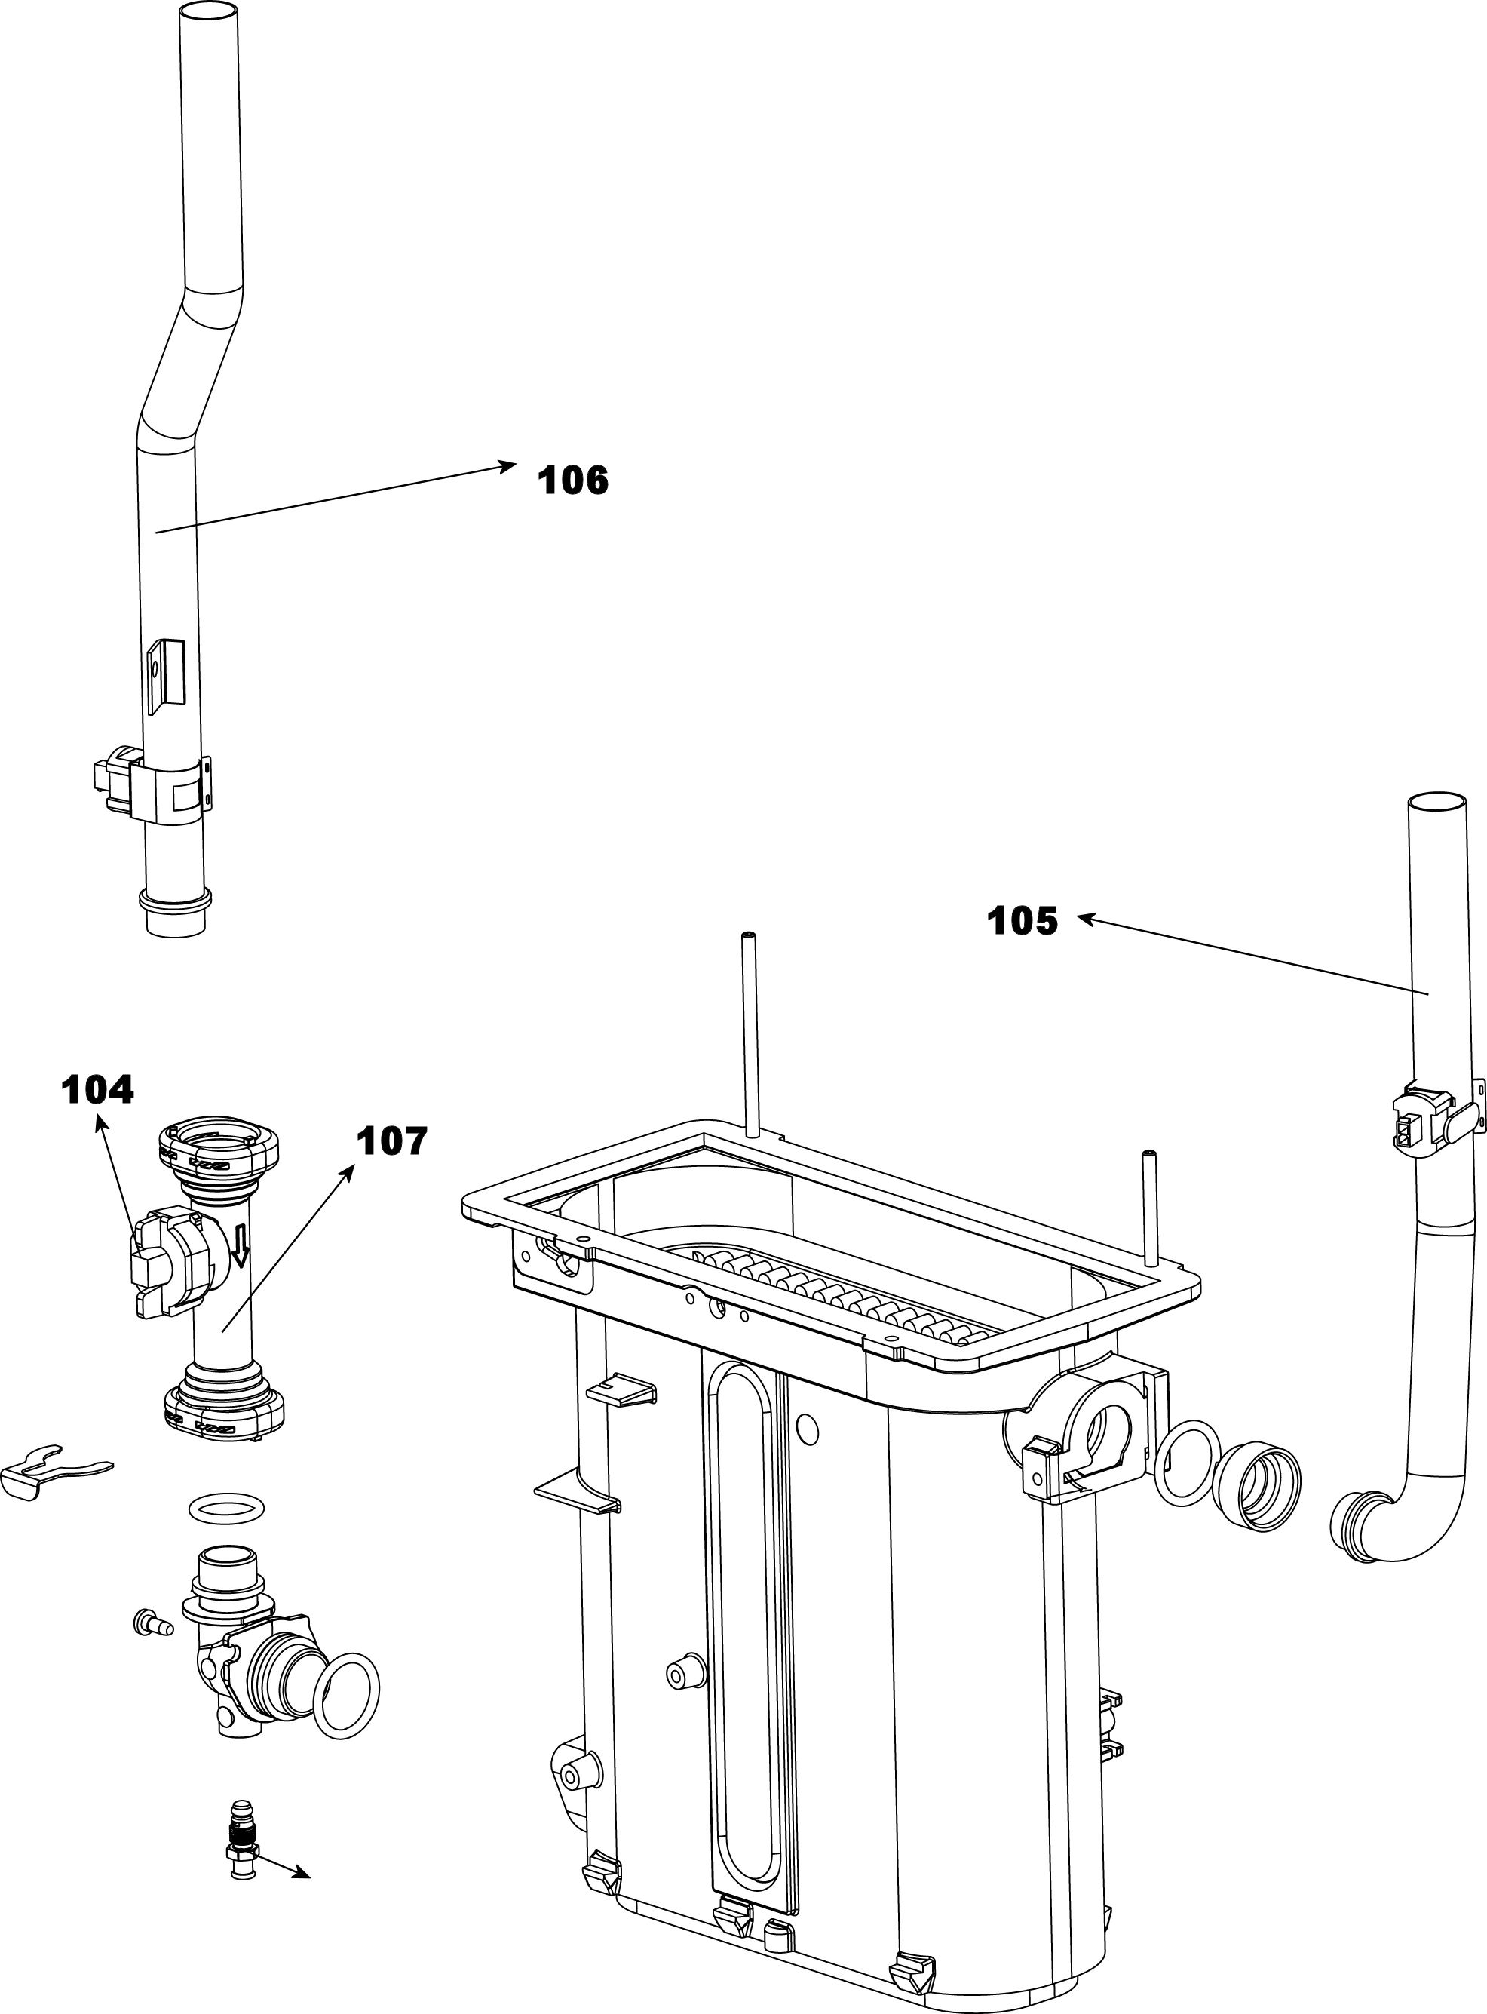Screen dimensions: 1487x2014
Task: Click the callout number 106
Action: tap(572, 480)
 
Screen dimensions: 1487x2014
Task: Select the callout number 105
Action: tap(1022, 921)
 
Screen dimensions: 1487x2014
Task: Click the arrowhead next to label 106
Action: tap(508, 465)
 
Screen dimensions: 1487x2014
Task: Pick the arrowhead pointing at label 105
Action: tap(1087, 918)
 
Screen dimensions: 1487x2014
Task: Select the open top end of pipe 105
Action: tap(1437, 801)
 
